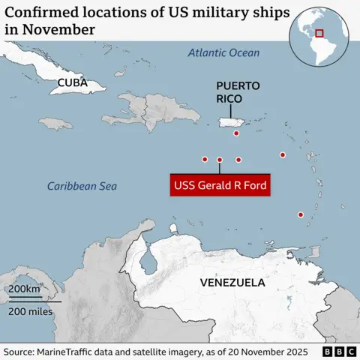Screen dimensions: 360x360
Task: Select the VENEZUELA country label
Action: coord(232,283)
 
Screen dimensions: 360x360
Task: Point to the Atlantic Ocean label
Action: coord(223,53)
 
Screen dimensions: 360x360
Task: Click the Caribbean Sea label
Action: coord(82,186)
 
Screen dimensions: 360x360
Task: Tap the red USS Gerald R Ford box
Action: coord(220,185)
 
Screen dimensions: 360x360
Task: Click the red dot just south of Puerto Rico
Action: coord(236,133)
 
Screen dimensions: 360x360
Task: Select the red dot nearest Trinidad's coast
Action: coord(301,215)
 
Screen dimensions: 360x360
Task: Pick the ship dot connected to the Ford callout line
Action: coord(220,160)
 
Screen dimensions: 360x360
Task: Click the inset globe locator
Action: coord(317,34)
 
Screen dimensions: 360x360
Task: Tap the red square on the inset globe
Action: coord(319,33)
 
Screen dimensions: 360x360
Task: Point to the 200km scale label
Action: coord(24,289)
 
